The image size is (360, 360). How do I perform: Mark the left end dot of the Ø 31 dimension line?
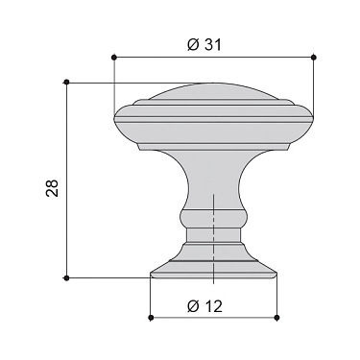click(x=113, y=58)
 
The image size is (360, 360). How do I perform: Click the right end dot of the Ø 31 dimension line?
click(x=315, y=58)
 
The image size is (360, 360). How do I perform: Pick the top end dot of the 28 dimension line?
click(x=66, y=83)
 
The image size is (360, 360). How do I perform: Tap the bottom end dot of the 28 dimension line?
click(x=66, y=277)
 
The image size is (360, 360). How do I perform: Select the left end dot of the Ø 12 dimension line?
click(x=152, y=318)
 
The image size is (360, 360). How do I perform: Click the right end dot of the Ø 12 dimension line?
click(x=276, y=318)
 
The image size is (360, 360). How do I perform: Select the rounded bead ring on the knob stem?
click(x=213, y=224)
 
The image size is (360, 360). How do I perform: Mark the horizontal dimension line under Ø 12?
click(x=214, y=318)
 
